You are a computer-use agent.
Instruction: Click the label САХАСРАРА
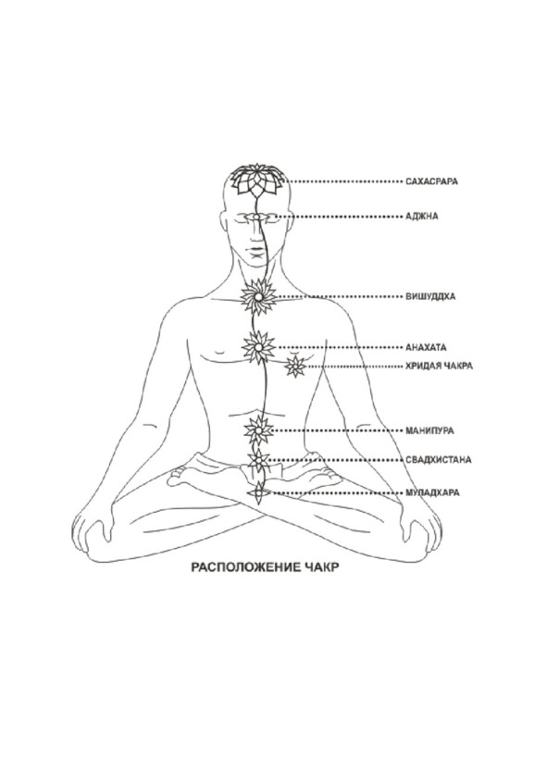click(431, 181)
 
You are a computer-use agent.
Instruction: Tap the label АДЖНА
click(422, 216)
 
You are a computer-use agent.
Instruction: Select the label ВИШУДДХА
click(430, 296)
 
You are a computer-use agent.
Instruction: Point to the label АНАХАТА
click(426, 347)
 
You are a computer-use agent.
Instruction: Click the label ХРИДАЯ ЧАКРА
click(439, 366)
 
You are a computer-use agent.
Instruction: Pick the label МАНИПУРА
click(429, 430)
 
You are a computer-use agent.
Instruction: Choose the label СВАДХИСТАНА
click(439, 459)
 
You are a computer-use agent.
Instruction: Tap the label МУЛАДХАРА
click(433, 492)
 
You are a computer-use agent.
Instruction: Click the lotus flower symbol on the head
click(257, 180)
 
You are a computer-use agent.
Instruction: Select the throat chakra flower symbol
click(258, 296)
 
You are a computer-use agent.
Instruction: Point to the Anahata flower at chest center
click(258, 347)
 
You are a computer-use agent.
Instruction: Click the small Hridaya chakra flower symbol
click(295, 366)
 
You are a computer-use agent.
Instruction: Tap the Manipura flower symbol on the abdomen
click(258, 430)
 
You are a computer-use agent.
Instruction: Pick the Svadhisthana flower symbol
click(258, 460)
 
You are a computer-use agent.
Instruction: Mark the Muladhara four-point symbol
click(258, 492)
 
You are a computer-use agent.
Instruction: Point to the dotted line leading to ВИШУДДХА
click(340, 296)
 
